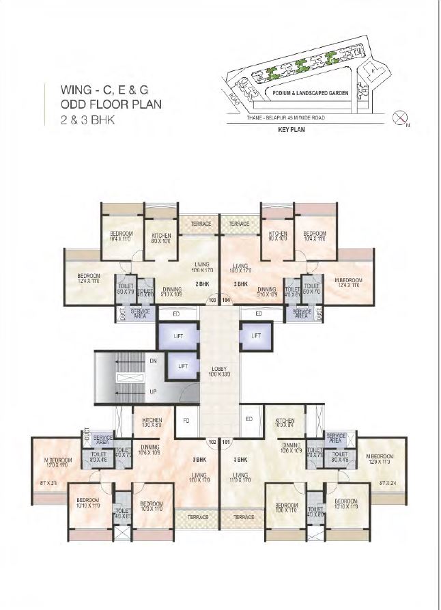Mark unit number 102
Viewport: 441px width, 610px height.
212,442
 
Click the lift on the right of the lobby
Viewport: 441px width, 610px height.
255,336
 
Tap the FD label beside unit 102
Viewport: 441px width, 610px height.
186,419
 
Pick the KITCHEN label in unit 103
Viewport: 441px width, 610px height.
161,236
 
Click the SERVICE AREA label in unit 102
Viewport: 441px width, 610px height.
103,439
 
